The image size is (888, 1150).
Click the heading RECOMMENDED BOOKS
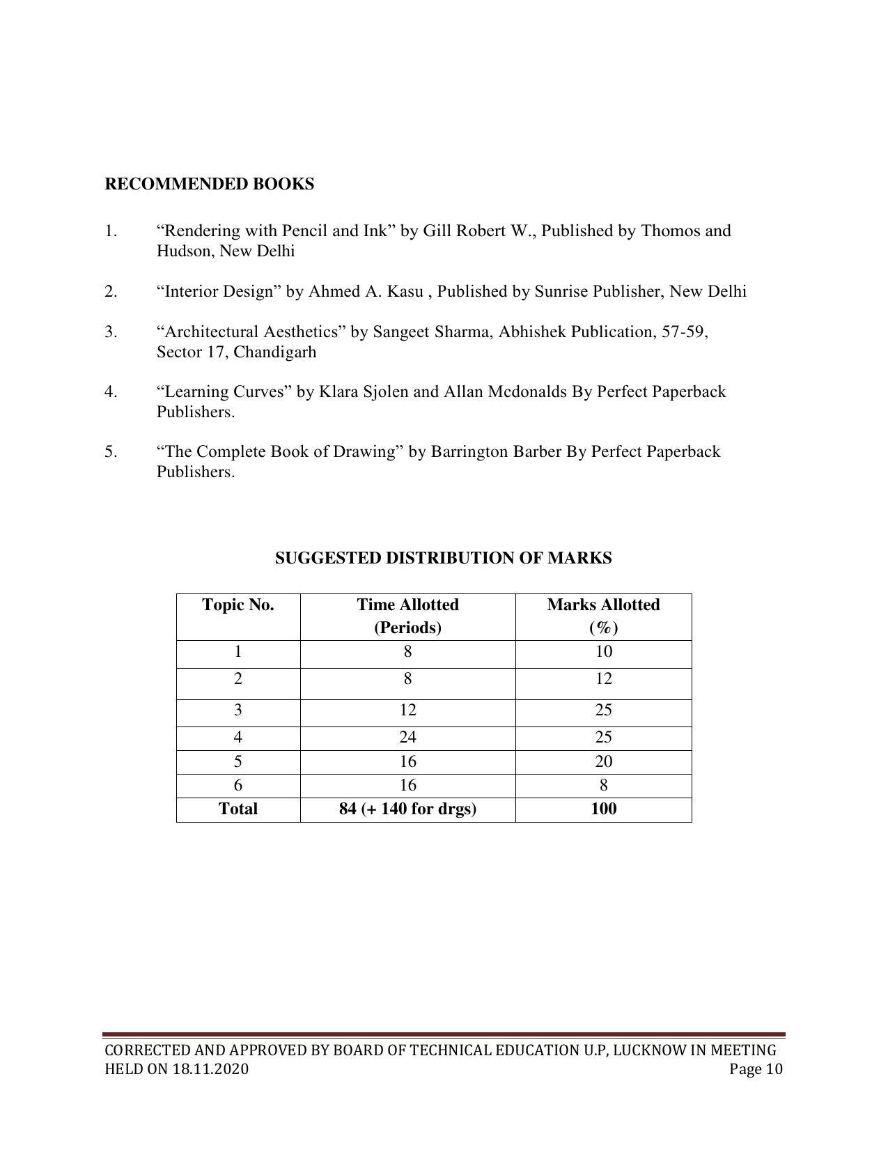click(209, 184)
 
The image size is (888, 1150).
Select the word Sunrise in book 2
click(562, 291)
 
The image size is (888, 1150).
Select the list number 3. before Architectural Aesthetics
click(111, 332)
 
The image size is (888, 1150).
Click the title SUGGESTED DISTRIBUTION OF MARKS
click(443, 558)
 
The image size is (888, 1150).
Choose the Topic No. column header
click(238, 605)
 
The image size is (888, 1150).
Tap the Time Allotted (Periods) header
click(407, 616)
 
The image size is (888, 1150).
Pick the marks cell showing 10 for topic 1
click(603, 652)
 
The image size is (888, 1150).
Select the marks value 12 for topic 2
click(603, 678)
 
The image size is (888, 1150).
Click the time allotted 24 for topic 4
click(407, 737)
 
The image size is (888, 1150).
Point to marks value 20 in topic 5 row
click(603, 761)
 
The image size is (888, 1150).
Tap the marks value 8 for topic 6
click(603, 786)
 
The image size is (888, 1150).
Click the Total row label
click(238, 809)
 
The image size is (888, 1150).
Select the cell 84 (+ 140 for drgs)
click(407, 809)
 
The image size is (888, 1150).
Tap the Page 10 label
click(756, 1069)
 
